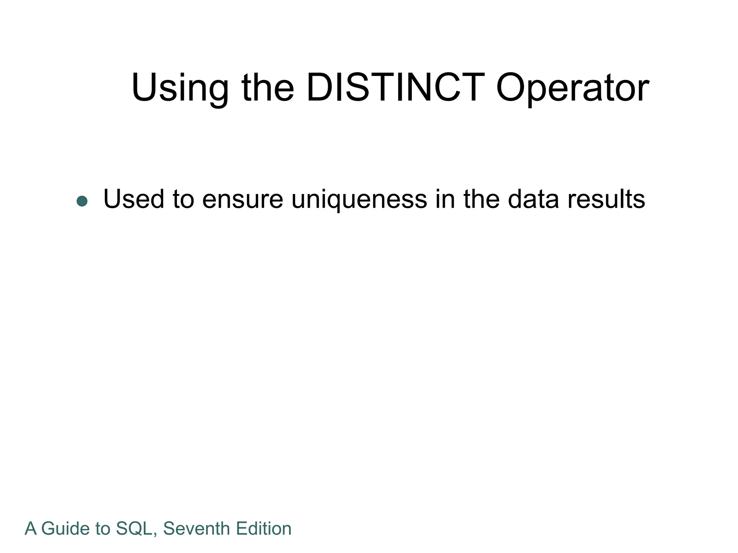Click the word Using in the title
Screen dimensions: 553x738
[180, 88]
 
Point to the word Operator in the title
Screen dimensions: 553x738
[573, 88]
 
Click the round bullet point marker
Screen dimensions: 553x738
[82, 201]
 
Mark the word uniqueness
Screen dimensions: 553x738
[359, 199]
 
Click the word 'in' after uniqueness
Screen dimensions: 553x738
[445, 199]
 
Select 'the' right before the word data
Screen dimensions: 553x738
[481, 199]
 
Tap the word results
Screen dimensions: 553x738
[606, 199]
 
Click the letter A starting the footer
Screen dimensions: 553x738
[31, 529]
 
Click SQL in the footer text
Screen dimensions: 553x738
[134, 529]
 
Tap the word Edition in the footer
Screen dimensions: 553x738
[264, 529]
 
